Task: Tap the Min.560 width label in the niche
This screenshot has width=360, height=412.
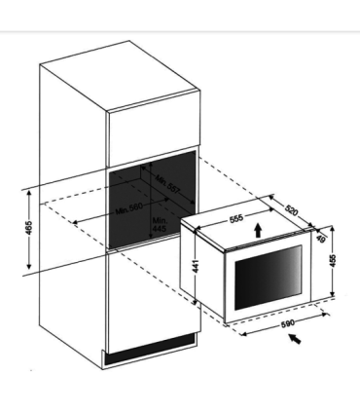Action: click(130, 210)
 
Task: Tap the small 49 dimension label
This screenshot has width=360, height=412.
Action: click(320, 238)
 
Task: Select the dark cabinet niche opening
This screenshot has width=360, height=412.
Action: click(146, 200)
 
